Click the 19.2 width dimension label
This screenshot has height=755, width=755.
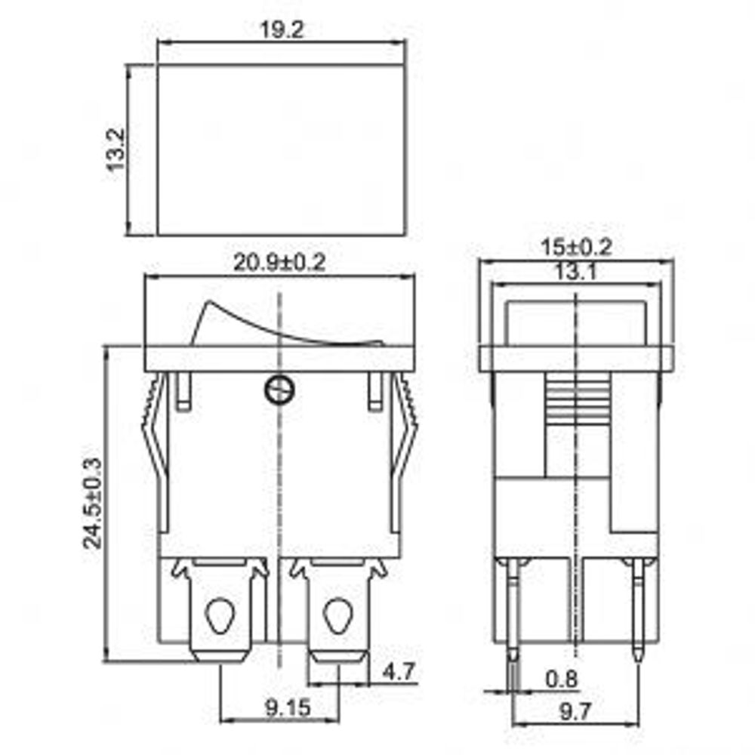281,30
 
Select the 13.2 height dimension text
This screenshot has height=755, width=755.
114,150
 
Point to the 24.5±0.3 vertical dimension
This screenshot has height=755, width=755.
92,504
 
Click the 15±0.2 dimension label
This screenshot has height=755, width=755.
576,246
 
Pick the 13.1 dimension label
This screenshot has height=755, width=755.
576,273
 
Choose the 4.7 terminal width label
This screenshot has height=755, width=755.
399,671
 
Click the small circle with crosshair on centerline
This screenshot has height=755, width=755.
279,389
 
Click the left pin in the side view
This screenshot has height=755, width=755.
513,612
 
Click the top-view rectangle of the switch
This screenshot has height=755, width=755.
281,149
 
